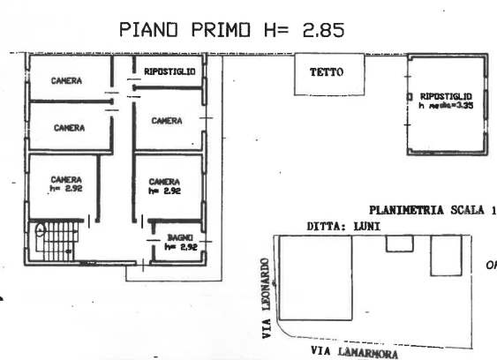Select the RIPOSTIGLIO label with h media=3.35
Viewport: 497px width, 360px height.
click(445, 94)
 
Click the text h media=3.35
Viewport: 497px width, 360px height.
click(446, 104)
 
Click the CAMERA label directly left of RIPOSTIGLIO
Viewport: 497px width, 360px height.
click(67, 80)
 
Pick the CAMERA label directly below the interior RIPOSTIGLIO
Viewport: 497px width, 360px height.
click(167, 121)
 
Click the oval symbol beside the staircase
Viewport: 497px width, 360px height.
click(40, 229)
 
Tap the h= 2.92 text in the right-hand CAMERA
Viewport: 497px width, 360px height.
click(165, 190)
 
